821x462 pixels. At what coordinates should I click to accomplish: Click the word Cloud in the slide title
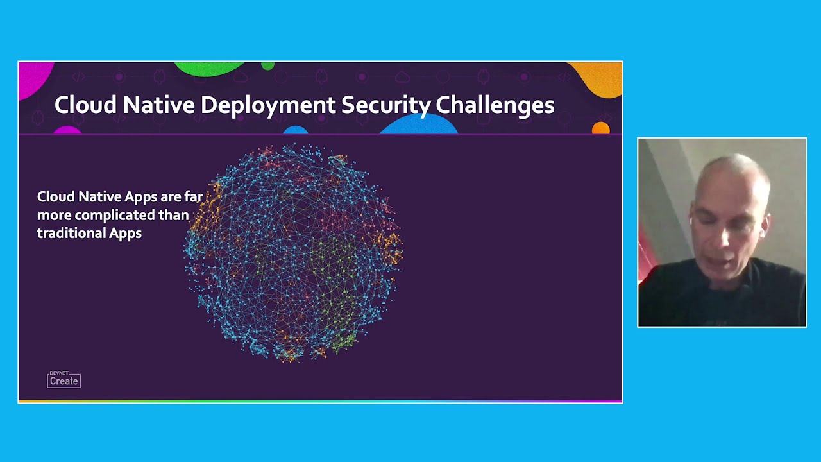tap(85, 105)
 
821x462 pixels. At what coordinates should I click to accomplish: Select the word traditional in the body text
tap(71, 233)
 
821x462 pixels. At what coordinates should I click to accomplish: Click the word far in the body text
tap(193, 197)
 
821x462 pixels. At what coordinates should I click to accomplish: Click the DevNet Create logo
tap(63, 380)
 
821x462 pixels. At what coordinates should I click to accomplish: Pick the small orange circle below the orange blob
tap(600, 128)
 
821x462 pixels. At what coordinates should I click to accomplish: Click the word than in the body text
tap(174, 215)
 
